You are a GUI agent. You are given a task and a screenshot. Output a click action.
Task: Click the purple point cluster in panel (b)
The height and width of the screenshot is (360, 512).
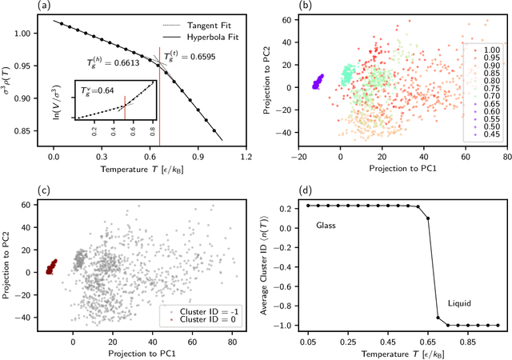318,82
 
